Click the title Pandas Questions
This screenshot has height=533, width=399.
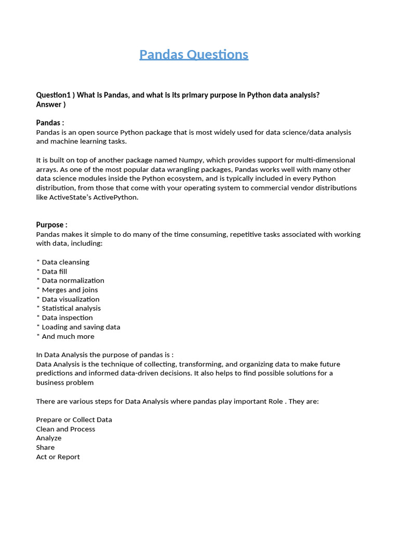[194, 55]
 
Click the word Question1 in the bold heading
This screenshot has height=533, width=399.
[53, 95]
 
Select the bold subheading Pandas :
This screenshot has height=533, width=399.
[50, 123]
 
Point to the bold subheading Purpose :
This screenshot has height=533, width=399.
[51, 225]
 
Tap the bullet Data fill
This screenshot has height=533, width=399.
[54, 272]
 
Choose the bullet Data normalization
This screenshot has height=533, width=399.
[73, 281]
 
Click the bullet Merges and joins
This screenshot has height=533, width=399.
[70, 290]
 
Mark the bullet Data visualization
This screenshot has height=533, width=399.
[70, 299]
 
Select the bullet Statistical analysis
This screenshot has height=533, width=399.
[71, 309]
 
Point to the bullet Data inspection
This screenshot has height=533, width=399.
[67, 318]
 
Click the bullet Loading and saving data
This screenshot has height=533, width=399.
[81, 327]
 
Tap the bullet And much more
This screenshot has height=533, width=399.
[68, 337]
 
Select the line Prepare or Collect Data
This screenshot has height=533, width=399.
[74, 420]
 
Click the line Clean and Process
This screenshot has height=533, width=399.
[65, 429]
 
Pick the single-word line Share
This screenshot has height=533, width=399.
[45, 448]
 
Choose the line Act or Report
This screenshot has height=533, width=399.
[58, 457]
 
